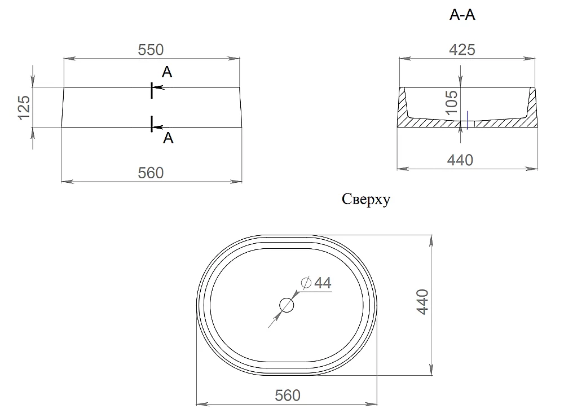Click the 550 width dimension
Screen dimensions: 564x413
pos(151,50)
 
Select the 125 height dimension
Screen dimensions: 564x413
pos(24,107)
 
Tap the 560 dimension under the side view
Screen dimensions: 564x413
pos(151,173)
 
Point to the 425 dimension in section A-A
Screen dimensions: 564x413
pos(462,50)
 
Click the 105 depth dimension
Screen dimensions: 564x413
pos(452,102)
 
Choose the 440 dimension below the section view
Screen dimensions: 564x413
pos(460,160)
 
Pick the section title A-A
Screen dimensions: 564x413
pos(462,15)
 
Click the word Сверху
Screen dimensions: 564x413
pos(366,199)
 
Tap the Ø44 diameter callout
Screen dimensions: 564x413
pos(316,283)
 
